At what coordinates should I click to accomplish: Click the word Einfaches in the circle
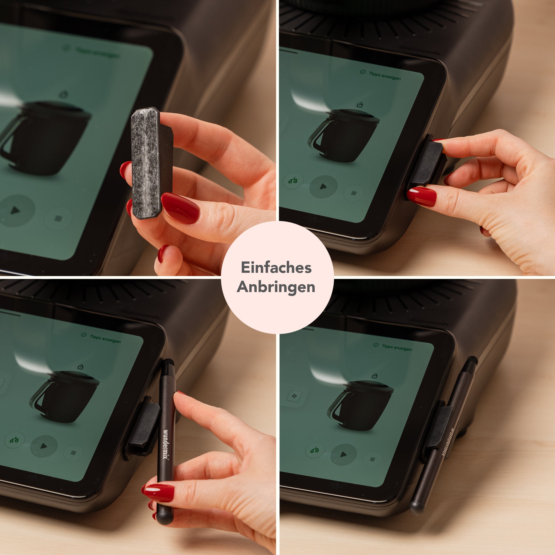tap(276, 268)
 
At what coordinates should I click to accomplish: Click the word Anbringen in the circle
tap(276, 287)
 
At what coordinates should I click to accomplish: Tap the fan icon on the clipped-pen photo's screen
tap(295, 396)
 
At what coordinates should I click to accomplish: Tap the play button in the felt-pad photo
tap(15, 211)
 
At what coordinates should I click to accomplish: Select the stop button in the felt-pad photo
tap(58, 219)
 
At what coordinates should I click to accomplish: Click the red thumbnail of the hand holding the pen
tap(159, 492)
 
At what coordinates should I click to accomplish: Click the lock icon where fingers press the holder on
tap(359, 105)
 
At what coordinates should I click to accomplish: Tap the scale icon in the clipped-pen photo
tap(314, 450)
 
